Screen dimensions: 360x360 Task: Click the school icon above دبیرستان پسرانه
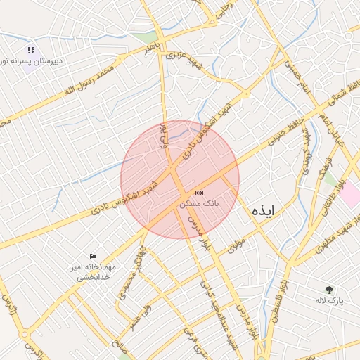30,50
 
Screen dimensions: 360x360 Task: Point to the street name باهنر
154,49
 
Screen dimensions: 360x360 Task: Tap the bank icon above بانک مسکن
200,192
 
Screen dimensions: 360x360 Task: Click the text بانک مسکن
200,203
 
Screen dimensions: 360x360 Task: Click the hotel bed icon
94,257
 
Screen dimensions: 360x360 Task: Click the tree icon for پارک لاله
329,289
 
